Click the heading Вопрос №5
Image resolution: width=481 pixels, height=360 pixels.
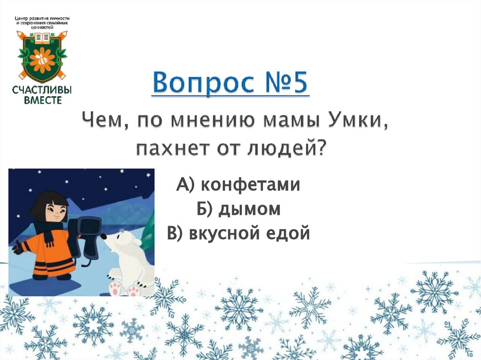(230, 84)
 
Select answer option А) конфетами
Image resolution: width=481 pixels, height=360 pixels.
(238, 185)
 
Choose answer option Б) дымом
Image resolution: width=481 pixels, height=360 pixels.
(238, 209)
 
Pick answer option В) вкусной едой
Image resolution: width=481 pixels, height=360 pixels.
(238, 233)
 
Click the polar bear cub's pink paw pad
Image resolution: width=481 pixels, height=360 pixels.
(116, 287)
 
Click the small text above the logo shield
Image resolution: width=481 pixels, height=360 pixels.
(42, 23)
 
